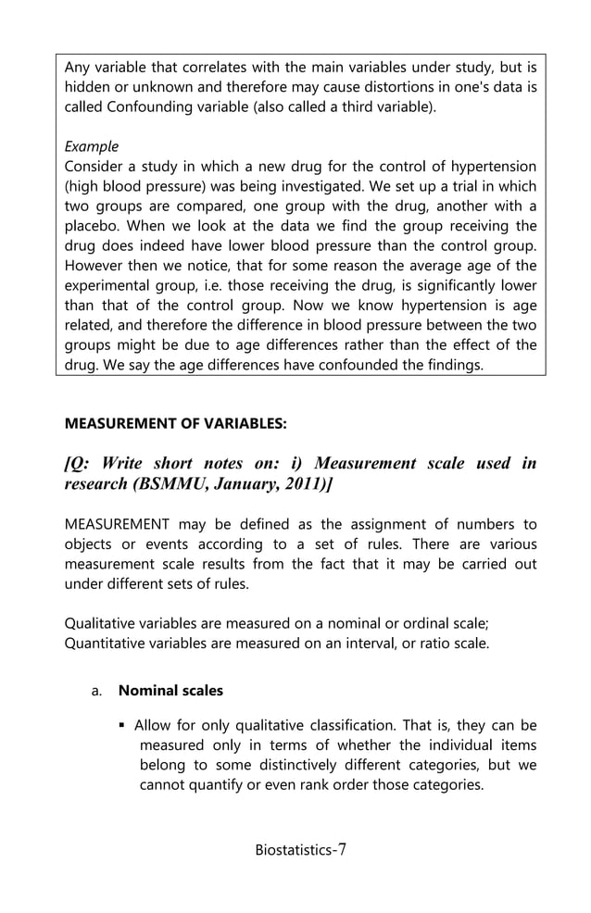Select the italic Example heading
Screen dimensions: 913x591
click(92, 146)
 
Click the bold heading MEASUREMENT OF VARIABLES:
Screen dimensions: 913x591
click(175, 423)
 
